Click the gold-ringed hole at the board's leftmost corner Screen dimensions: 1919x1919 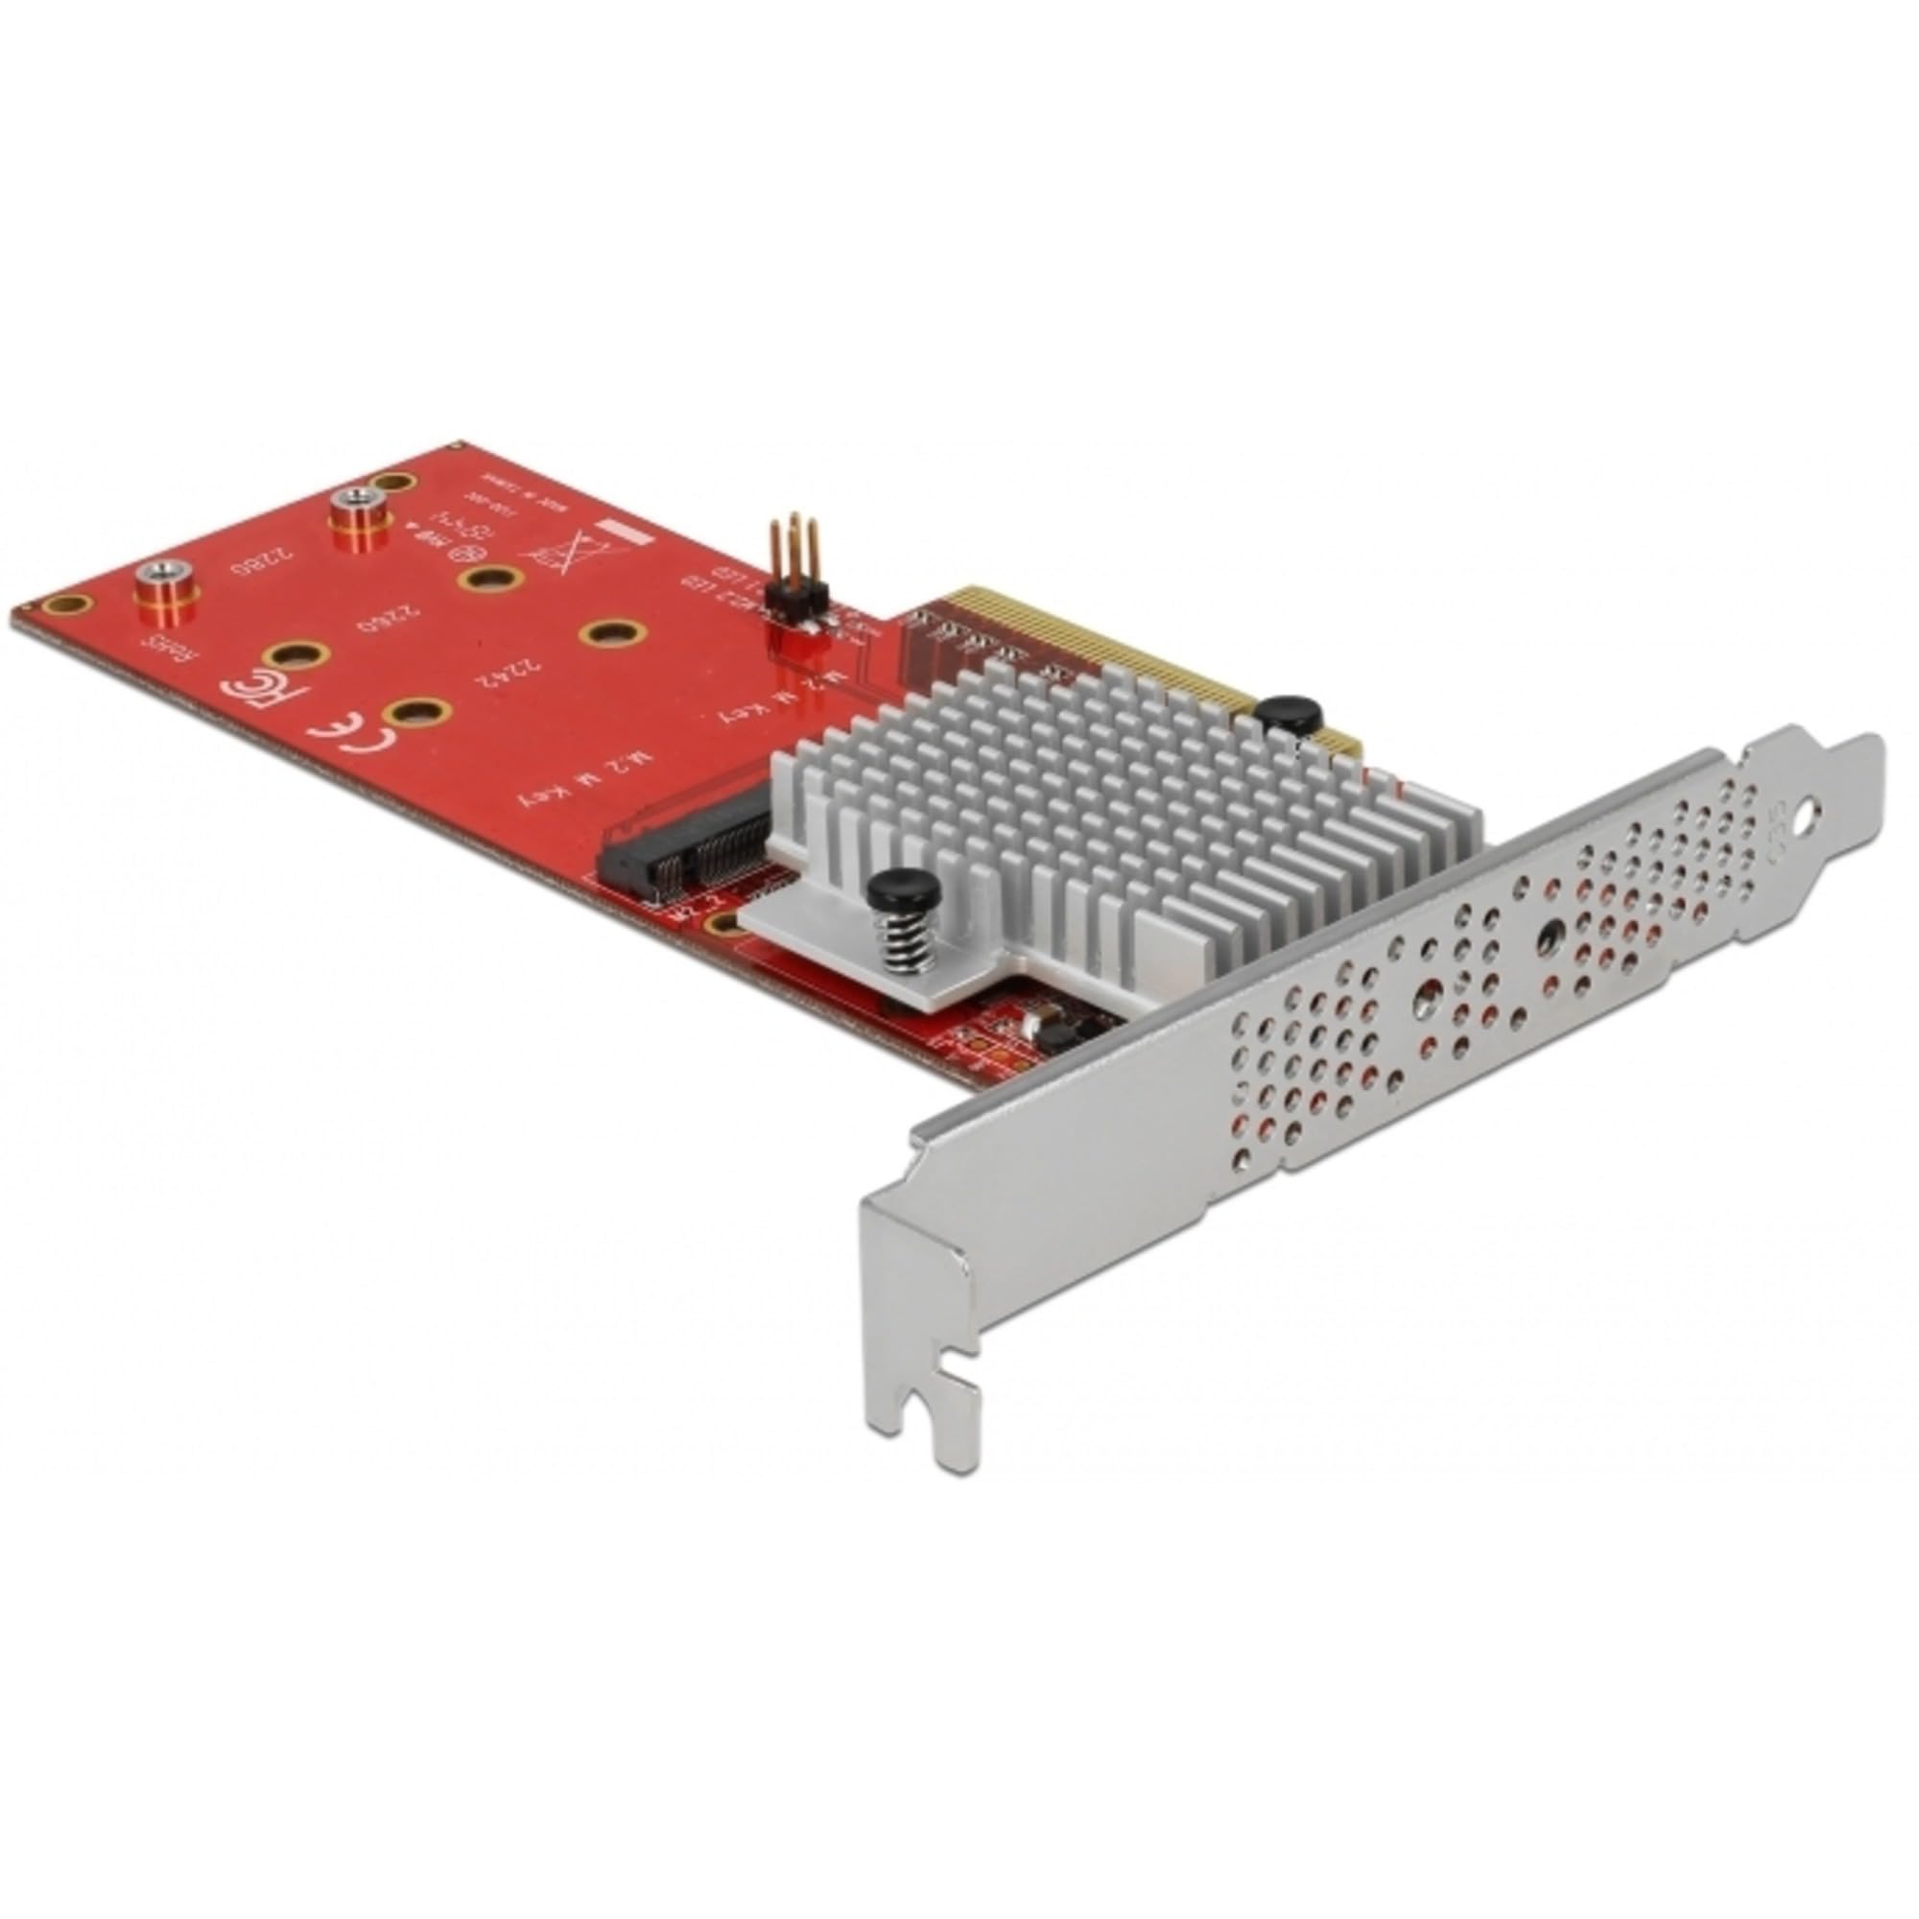(x=68, y=604)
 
